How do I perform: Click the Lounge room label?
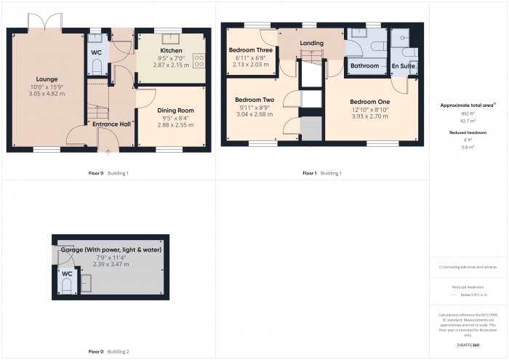pyautogui.click(x=47, y=79)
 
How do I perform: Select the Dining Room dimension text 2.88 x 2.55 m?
pyautogui.click(x=175, y=125)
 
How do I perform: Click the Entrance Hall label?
pyautogui.click(x=111, y=124)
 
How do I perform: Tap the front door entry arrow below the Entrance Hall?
pyautogui.click(x=109, y=152)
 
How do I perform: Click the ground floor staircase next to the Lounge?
pyautogui.click(x=98, y=111)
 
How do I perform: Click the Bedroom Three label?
pyautogui.click(x=250, y=49)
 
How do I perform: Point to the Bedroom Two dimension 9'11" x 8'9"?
pyautogui.click(x=254, y=107)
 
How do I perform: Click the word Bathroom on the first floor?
pyautogui.click(x=364, y=66)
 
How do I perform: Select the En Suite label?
pyautogui.click(x=404, y=66)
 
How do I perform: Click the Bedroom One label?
pyautogui.click(x=369, y=101)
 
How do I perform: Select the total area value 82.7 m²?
pyautogui.click(x=468, y=120)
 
